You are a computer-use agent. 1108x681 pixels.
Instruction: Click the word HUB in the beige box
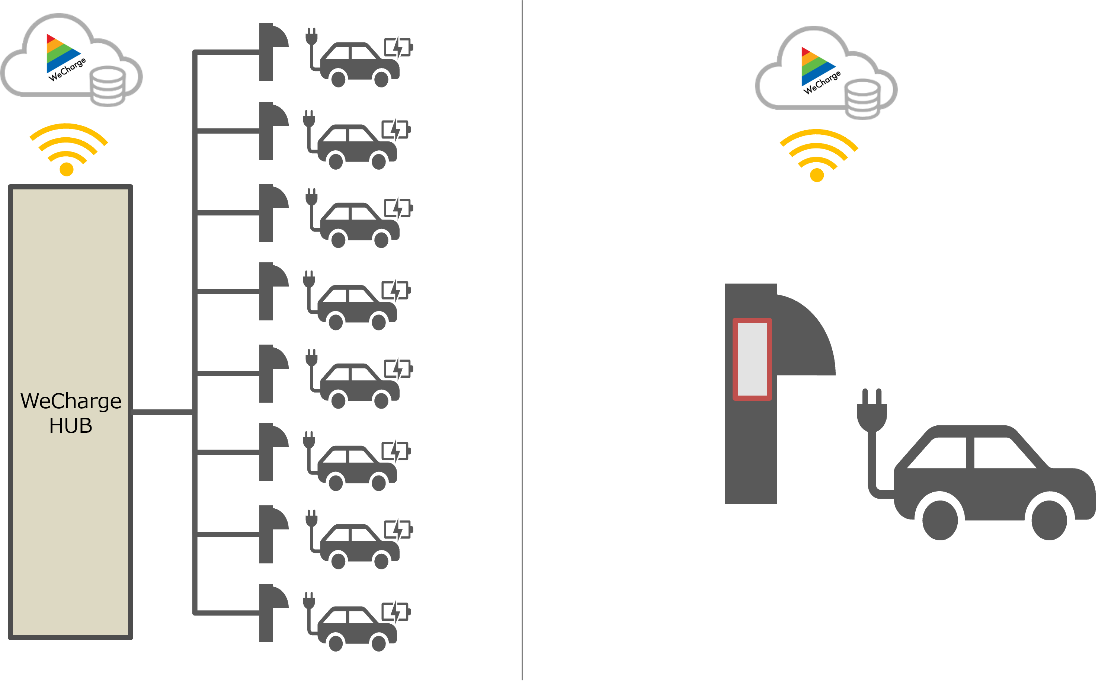(71, 426)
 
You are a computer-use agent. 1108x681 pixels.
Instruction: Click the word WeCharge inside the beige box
(71, 401)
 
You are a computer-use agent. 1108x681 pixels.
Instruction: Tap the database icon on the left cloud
(108, 86)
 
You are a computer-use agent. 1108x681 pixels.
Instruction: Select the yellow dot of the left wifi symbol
(67, 169)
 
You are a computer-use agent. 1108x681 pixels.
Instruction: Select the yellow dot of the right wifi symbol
(817, 175)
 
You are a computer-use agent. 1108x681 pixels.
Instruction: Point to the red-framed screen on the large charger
(752, 359)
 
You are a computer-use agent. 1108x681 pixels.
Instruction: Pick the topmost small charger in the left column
(270, 51)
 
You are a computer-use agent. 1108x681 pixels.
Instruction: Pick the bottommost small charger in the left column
(270, 612)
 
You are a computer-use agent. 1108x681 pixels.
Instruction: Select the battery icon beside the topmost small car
(398, 47)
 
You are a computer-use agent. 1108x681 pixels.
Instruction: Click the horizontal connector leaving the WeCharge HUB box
(162, 412)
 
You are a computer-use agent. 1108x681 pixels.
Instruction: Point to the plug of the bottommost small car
(309, 601)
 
